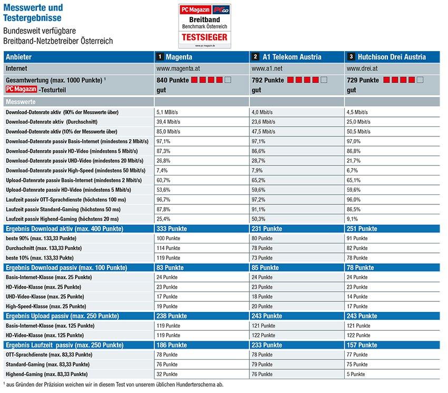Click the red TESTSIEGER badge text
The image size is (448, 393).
click(204, 37)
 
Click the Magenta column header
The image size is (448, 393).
click(179, 57)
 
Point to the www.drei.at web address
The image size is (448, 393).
click(361, 68)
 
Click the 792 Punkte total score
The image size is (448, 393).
click(267, 80)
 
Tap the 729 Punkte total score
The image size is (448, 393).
click(363, 80)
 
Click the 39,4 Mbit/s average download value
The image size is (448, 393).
click(169, 122)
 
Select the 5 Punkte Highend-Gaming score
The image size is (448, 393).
click(356, 374)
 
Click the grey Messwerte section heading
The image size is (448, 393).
click(21, 101)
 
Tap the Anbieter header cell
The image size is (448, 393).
click(19, 57)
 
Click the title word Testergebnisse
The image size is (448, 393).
click(31, 18)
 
